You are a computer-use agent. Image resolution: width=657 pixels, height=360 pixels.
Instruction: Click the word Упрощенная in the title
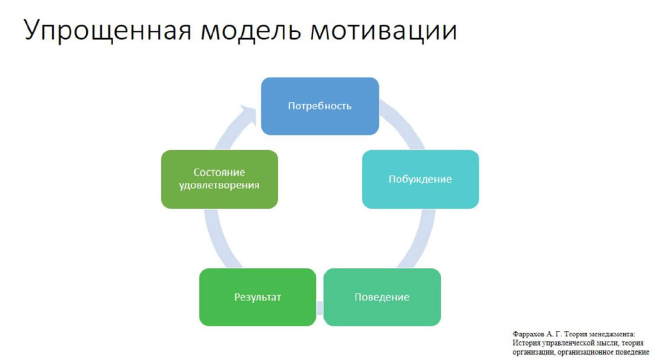107,30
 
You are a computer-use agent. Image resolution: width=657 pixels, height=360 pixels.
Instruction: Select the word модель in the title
250,30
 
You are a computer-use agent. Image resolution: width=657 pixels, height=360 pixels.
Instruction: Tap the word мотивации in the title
383,30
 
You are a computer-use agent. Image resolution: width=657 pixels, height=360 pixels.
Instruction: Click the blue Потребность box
320,106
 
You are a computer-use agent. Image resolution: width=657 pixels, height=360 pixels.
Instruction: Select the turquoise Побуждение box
420,179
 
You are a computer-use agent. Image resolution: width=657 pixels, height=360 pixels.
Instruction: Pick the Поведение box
382,297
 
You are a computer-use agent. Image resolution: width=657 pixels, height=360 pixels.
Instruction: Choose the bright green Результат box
257,297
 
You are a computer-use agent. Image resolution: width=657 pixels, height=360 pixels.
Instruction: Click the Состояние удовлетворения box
219,179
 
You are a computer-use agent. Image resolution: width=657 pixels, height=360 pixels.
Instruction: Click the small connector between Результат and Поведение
320,308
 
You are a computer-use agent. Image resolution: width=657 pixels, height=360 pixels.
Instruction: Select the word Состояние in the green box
219,172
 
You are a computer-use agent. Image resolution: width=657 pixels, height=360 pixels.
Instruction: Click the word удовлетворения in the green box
219,185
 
